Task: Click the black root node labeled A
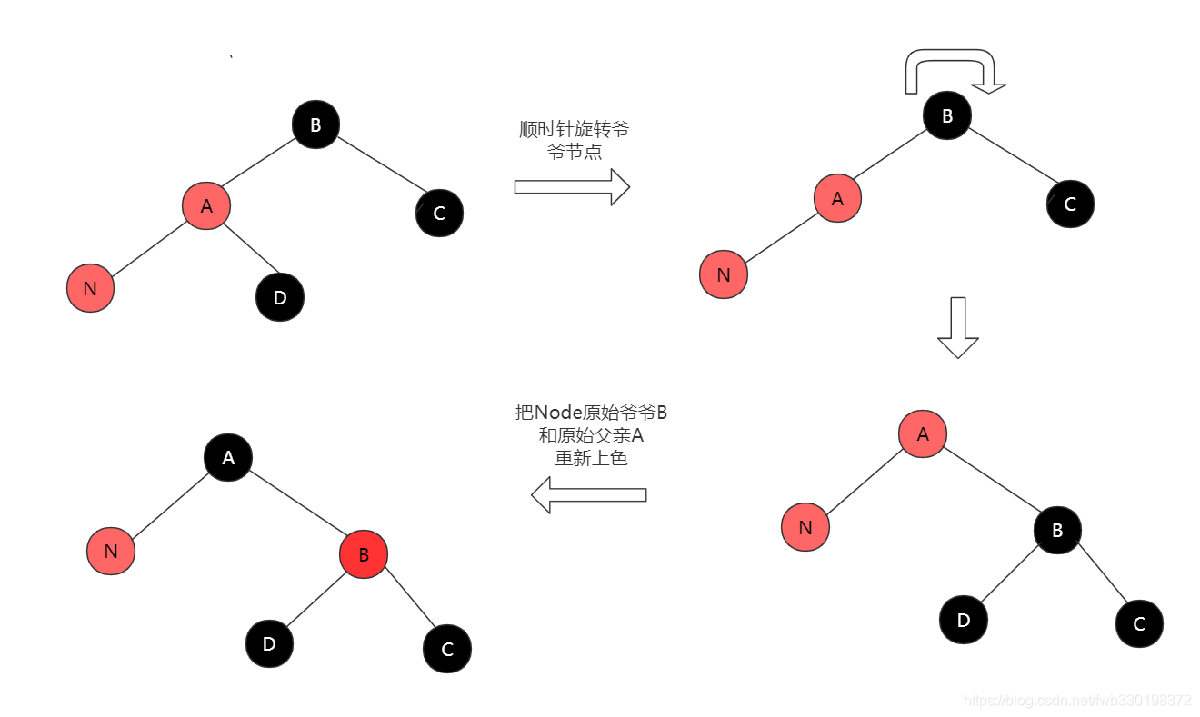(228, 458)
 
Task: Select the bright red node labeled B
(364, 554)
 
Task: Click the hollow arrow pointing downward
(957, 327)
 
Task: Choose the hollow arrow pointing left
(588, 495)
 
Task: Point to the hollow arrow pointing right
(572, 186)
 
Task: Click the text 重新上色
(592, 458)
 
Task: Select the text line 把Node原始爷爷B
(592, 413)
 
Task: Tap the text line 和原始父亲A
(592, 435)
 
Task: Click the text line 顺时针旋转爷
(574, 129)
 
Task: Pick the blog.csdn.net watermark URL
(1077, 701)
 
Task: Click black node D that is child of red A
(280, 297)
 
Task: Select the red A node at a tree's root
(923, 433)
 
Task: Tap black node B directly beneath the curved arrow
(947, 115)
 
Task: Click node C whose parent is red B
(447, 649)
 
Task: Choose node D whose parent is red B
(269, 643)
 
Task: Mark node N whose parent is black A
(111, 551)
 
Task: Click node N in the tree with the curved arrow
(724, 274)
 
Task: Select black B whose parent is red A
(1057, 530)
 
